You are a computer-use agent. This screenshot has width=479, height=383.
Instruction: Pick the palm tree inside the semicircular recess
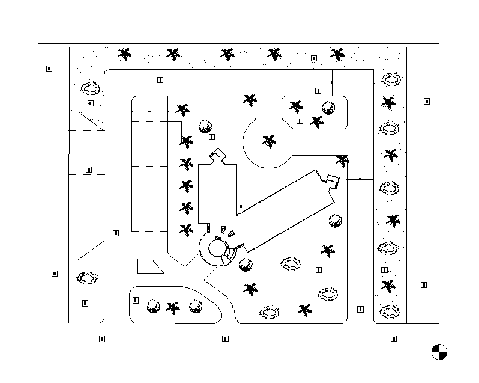pos(270,141)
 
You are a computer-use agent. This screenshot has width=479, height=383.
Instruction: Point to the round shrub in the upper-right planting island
pos(328,108)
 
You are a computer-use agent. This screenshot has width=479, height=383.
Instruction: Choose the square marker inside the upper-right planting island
pos(300,121)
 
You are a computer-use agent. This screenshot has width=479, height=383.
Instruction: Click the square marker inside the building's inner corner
pos(241,206)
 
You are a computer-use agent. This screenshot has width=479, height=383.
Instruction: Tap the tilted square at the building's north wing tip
pos(218,156)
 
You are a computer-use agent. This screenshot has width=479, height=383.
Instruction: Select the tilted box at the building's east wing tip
pos(333,180)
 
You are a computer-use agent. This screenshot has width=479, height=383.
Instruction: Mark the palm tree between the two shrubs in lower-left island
pos(173,308)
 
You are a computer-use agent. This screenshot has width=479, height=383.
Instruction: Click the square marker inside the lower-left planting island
pos(136,300)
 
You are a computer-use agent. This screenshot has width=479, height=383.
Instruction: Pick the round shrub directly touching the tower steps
pos(245,264)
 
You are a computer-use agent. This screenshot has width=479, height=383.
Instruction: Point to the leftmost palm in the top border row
pos(125,55)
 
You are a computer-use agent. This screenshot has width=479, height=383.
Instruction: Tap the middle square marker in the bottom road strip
pos(225,339)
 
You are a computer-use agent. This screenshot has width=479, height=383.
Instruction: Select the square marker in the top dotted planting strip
pos(314,58)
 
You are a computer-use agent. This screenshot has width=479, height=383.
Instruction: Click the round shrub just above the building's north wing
pos(205,126)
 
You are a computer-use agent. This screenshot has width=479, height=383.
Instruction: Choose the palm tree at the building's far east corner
pos(342,161)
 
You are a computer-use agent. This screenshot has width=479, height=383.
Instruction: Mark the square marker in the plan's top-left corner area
pos(49,69)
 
